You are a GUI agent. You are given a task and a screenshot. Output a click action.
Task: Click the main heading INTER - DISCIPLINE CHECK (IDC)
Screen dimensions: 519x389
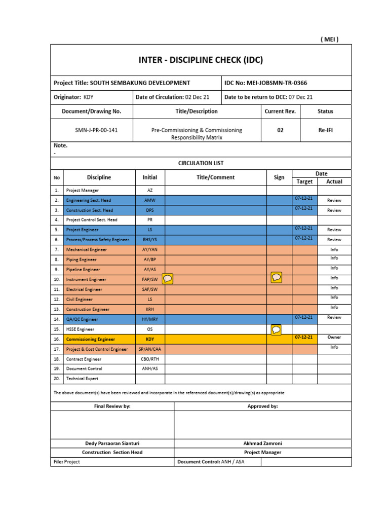201,61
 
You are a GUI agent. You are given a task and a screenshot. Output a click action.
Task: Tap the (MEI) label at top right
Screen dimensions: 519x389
330,39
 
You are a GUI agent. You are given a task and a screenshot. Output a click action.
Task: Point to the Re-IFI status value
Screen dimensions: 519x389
325,130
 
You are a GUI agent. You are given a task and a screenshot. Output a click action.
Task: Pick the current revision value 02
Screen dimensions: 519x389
280,130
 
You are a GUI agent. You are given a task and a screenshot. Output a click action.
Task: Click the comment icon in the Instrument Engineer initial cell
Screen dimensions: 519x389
168,278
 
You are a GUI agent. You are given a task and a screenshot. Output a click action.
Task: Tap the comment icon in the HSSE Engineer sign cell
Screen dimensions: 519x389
276,330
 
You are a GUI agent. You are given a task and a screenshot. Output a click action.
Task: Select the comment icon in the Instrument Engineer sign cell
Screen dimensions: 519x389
276,277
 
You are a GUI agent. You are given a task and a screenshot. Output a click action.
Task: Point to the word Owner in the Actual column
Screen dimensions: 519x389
334,337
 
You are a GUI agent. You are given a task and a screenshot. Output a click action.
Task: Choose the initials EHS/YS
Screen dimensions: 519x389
150,240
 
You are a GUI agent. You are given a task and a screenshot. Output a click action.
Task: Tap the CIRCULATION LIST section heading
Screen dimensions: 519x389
201,163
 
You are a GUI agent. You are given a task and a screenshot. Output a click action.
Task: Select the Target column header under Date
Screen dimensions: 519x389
304,181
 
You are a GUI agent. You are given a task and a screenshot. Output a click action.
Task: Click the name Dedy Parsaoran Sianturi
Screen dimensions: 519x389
112,443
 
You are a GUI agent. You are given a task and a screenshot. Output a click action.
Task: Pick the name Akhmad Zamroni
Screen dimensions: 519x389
262,443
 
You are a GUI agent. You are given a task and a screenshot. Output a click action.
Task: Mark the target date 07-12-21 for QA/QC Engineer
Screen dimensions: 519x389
304,317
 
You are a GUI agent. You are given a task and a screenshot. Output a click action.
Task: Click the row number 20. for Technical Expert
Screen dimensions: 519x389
57,379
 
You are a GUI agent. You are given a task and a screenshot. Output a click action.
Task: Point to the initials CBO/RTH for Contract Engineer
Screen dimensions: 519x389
150,359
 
